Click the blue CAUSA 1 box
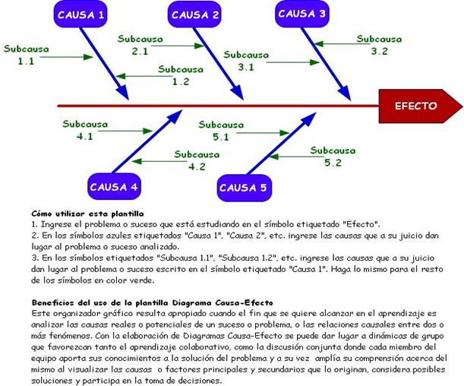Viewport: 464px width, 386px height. point(81,15)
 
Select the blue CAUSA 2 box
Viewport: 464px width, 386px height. point(195,15)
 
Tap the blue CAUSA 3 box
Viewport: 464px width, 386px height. point(302,14)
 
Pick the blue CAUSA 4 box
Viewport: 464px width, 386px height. point(113,187)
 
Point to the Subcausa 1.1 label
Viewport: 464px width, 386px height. point(26,55)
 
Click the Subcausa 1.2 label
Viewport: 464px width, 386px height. point(181,75)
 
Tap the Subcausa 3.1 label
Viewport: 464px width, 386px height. point(246,61)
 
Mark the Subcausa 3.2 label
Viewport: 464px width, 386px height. point(380,45)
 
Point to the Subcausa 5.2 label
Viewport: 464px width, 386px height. point(333,157)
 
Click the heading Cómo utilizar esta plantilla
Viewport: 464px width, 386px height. point(88,214)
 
